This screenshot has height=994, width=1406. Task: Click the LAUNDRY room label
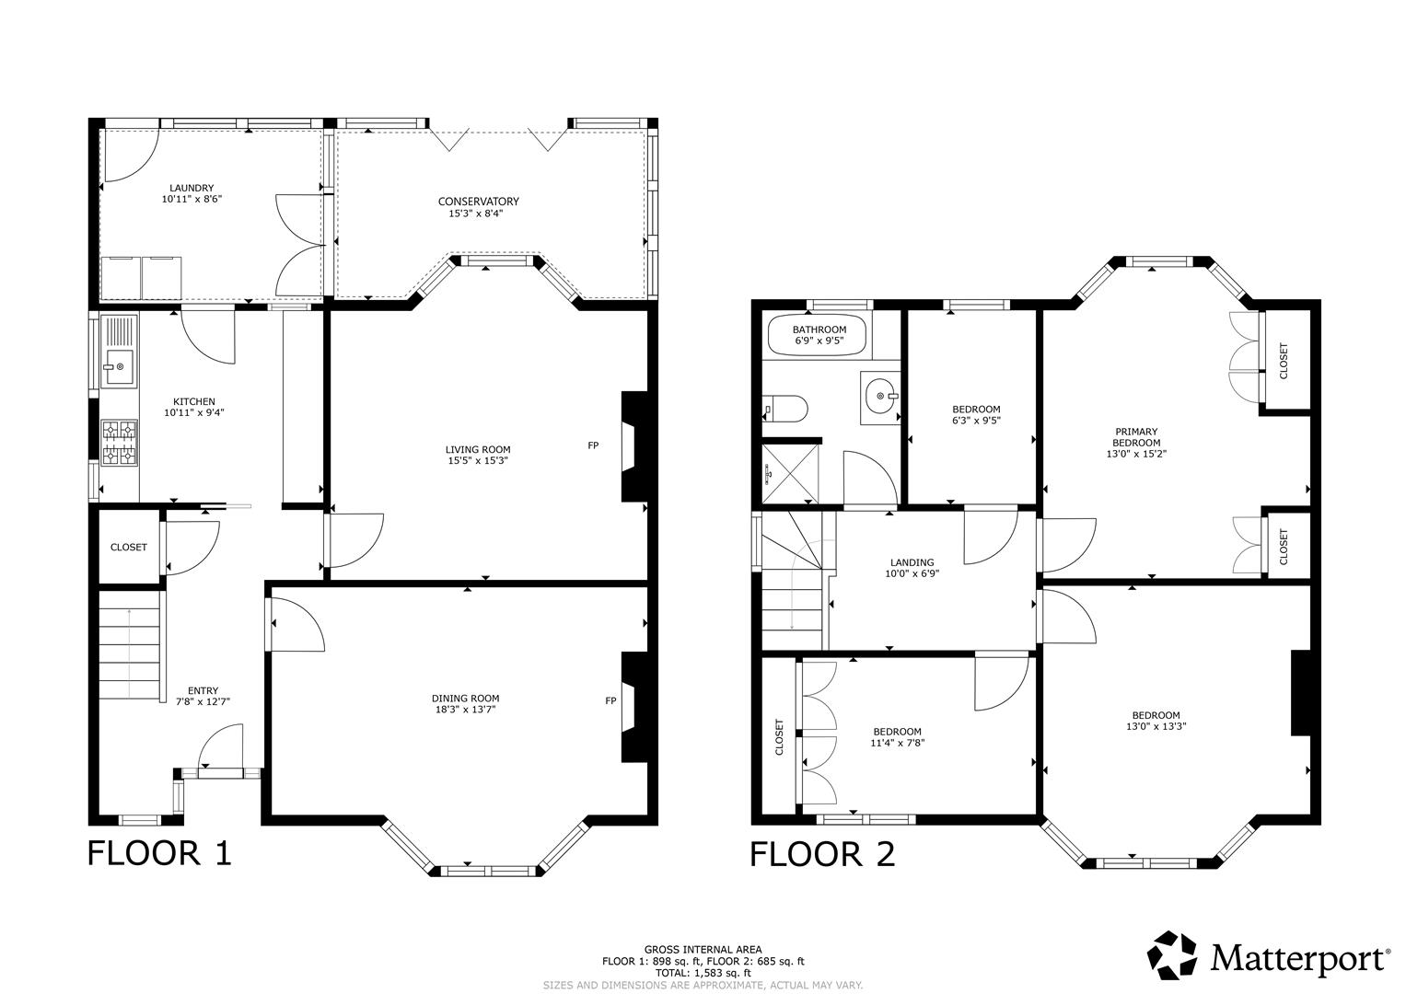[x=192, y=188]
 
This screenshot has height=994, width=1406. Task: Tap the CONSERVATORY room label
[x=478, y=202]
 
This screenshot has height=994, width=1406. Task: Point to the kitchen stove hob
[x=120, y=443]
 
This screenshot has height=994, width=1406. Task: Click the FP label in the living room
[x=593, y=445]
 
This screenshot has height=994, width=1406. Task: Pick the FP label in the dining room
[x=610, y=700]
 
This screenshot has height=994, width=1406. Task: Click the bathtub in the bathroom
[x=818, y=336]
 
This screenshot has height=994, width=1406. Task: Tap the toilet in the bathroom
[x=785, y=409]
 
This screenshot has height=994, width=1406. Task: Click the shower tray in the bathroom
[x=790, y=473]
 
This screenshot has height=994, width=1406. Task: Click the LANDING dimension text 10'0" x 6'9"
[x=912, y=572]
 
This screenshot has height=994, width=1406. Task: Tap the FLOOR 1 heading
[x=159, y=853]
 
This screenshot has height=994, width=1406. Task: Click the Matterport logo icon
[x=1172, y=955]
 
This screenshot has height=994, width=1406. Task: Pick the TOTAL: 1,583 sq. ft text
[x=703, y=974]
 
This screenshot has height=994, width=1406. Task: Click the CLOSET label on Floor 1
[x=129, y=548]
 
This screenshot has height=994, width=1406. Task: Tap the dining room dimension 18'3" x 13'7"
[x=465, y=710]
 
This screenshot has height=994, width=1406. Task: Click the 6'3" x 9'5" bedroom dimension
[x=976, y=421]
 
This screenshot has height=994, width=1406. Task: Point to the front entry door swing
[x=221, y=746]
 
